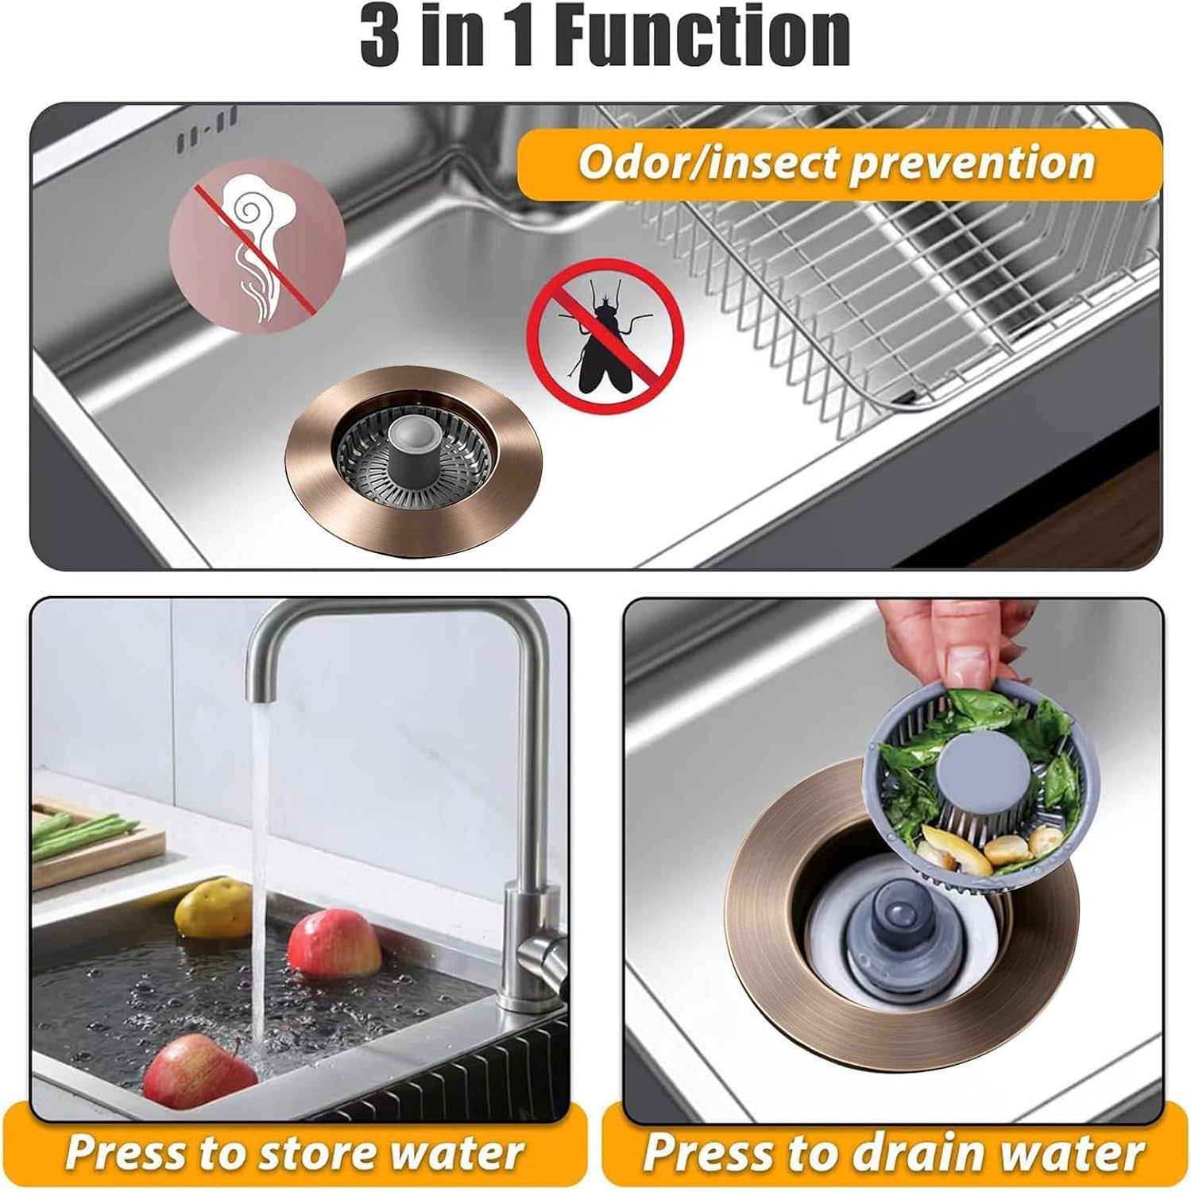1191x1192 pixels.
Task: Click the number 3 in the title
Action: pos(380,37)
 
